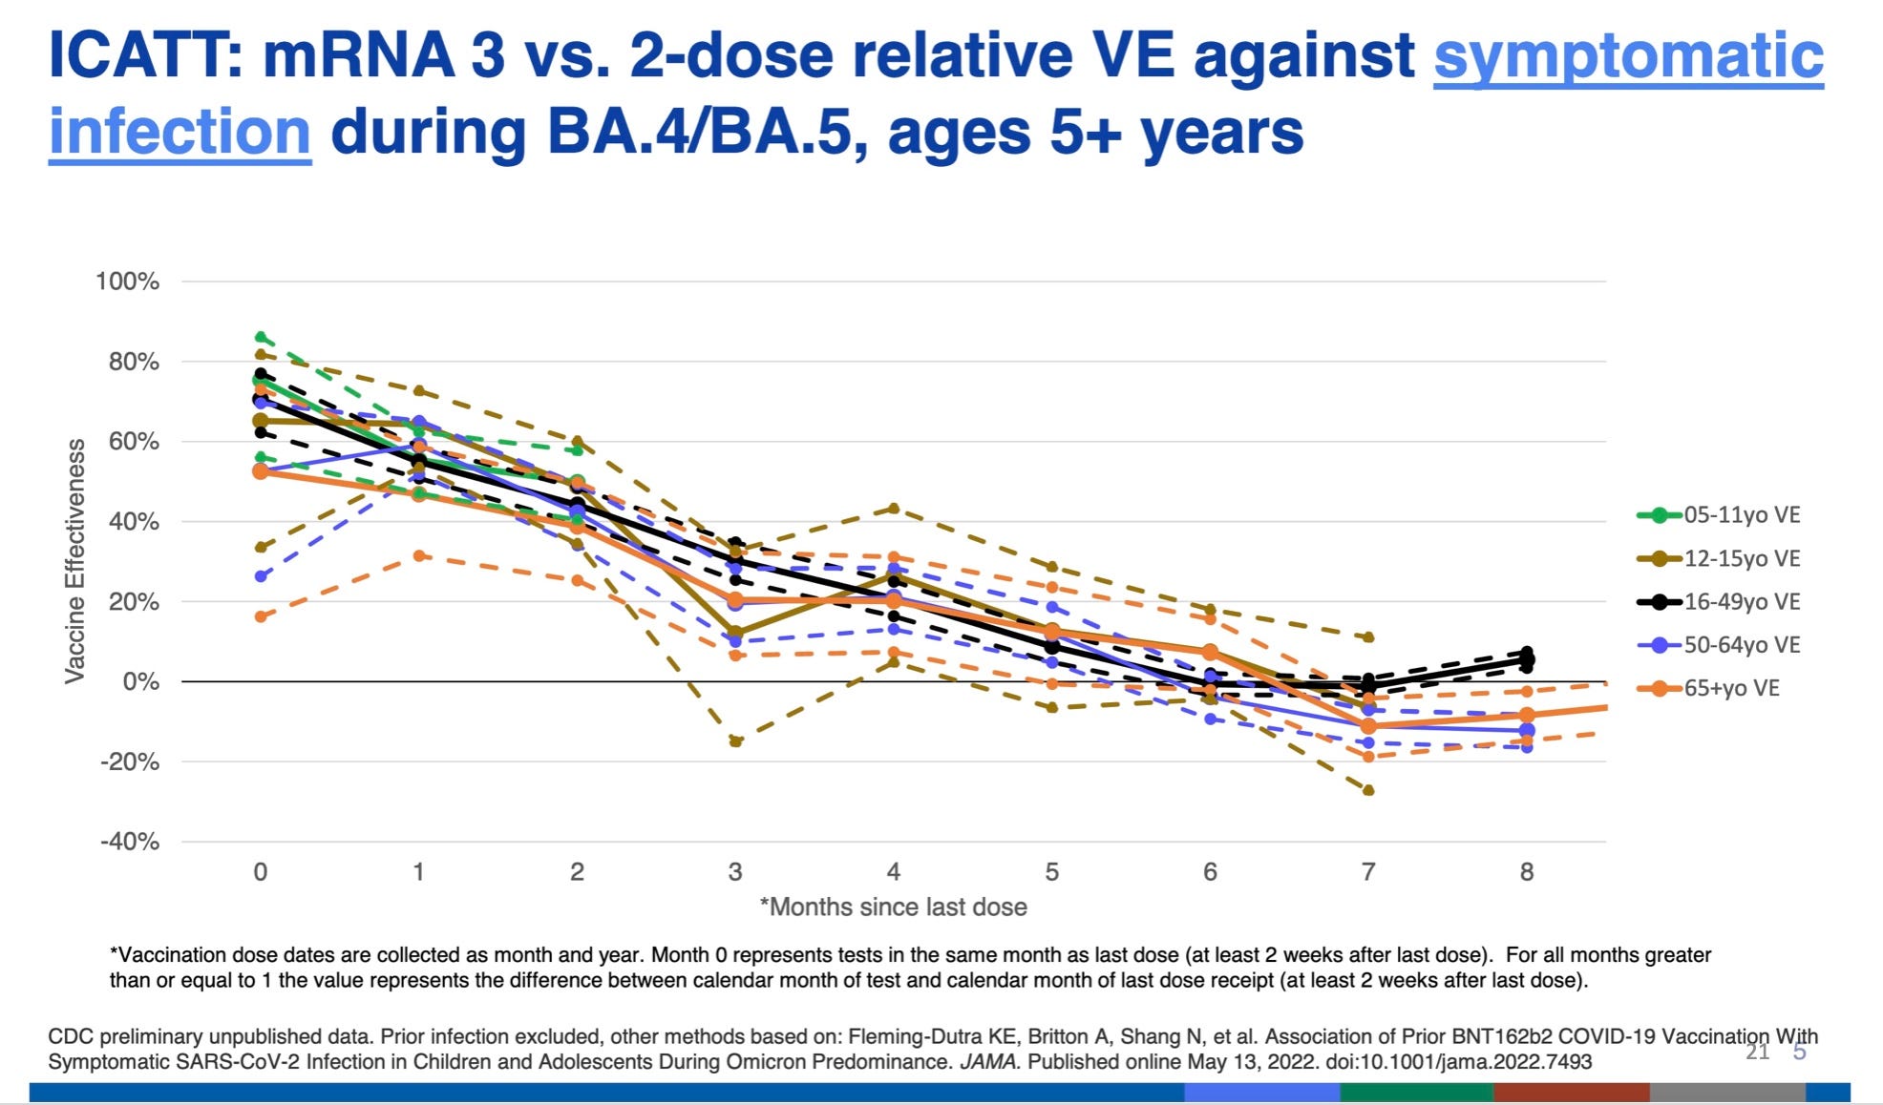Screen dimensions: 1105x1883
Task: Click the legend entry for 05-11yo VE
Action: (x=1719, y=515)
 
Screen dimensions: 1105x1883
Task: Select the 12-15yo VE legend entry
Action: (x=1719, y=558)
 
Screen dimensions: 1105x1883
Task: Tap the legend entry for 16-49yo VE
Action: (x=1719, y=602)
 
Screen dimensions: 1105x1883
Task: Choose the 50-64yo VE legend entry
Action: (x=1719, y=645)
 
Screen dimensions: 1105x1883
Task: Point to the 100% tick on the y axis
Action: (x=127, y=281)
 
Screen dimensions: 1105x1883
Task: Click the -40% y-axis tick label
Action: (x=129, y=842)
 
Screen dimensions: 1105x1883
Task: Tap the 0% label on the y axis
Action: (x=139, y=681)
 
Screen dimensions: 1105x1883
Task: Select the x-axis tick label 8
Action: (x=1526, y=871)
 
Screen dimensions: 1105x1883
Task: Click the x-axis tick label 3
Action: (x=734, y=871)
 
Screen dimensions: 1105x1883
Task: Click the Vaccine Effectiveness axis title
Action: (x=74, y=561)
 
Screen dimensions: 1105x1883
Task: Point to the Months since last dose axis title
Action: (x=894, y=907)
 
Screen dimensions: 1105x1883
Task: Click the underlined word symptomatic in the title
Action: (x=1628, y=55)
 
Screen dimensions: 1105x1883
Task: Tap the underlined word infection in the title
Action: (x=180, y=132)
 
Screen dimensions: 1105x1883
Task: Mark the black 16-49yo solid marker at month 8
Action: (x=1526, y=659)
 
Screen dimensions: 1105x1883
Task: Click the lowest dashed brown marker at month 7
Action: (x=1368, y=790)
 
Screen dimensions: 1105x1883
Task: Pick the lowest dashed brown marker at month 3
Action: (x=735, y=741)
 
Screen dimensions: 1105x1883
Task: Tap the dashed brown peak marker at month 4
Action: (x=893, y=508)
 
